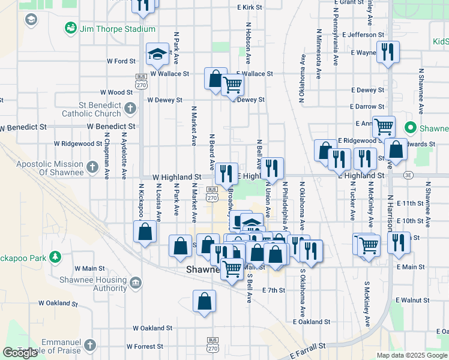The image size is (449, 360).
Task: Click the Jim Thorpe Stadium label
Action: (117, 29)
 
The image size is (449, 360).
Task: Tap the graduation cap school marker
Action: (157, 55)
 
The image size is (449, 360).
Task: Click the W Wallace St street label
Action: (170, 74)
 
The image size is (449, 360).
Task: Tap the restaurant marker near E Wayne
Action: (387, 52)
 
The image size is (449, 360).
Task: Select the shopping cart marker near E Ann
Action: (384, 127)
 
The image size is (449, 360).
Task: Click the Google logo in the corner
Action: (20, 353)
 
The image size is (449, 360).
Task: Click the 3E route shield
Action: (409, 175)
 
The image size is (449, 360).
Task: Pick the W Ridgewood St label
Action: (78, 144)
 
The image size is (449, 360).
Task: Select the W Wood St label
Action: (116, 92)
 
